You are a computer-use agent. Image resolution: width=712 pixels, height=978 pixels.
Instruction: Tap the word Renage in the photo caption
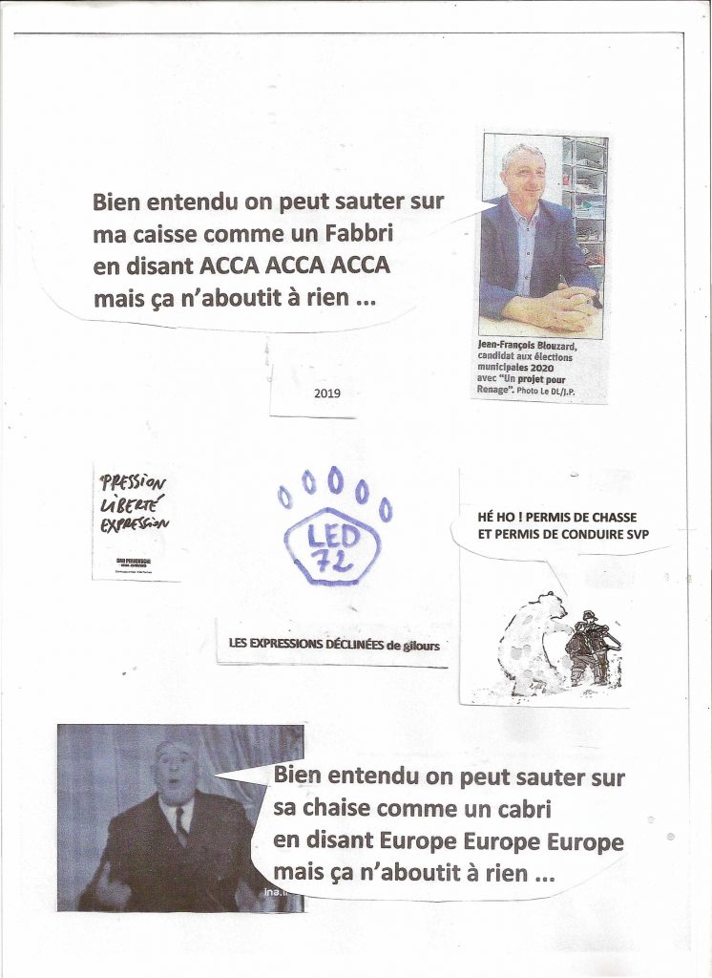tap(494, 390)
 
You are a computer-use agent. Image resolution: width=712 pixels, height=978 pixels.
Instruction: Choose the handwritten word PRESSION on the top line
tap(133, 482)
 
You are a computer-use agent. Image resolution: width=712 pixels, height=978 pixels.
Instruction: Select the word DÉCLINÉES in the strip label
tap(342, 644)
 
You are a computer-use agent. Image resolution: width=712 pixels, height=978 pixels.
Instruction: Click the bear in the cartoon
tap(533, 645)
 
